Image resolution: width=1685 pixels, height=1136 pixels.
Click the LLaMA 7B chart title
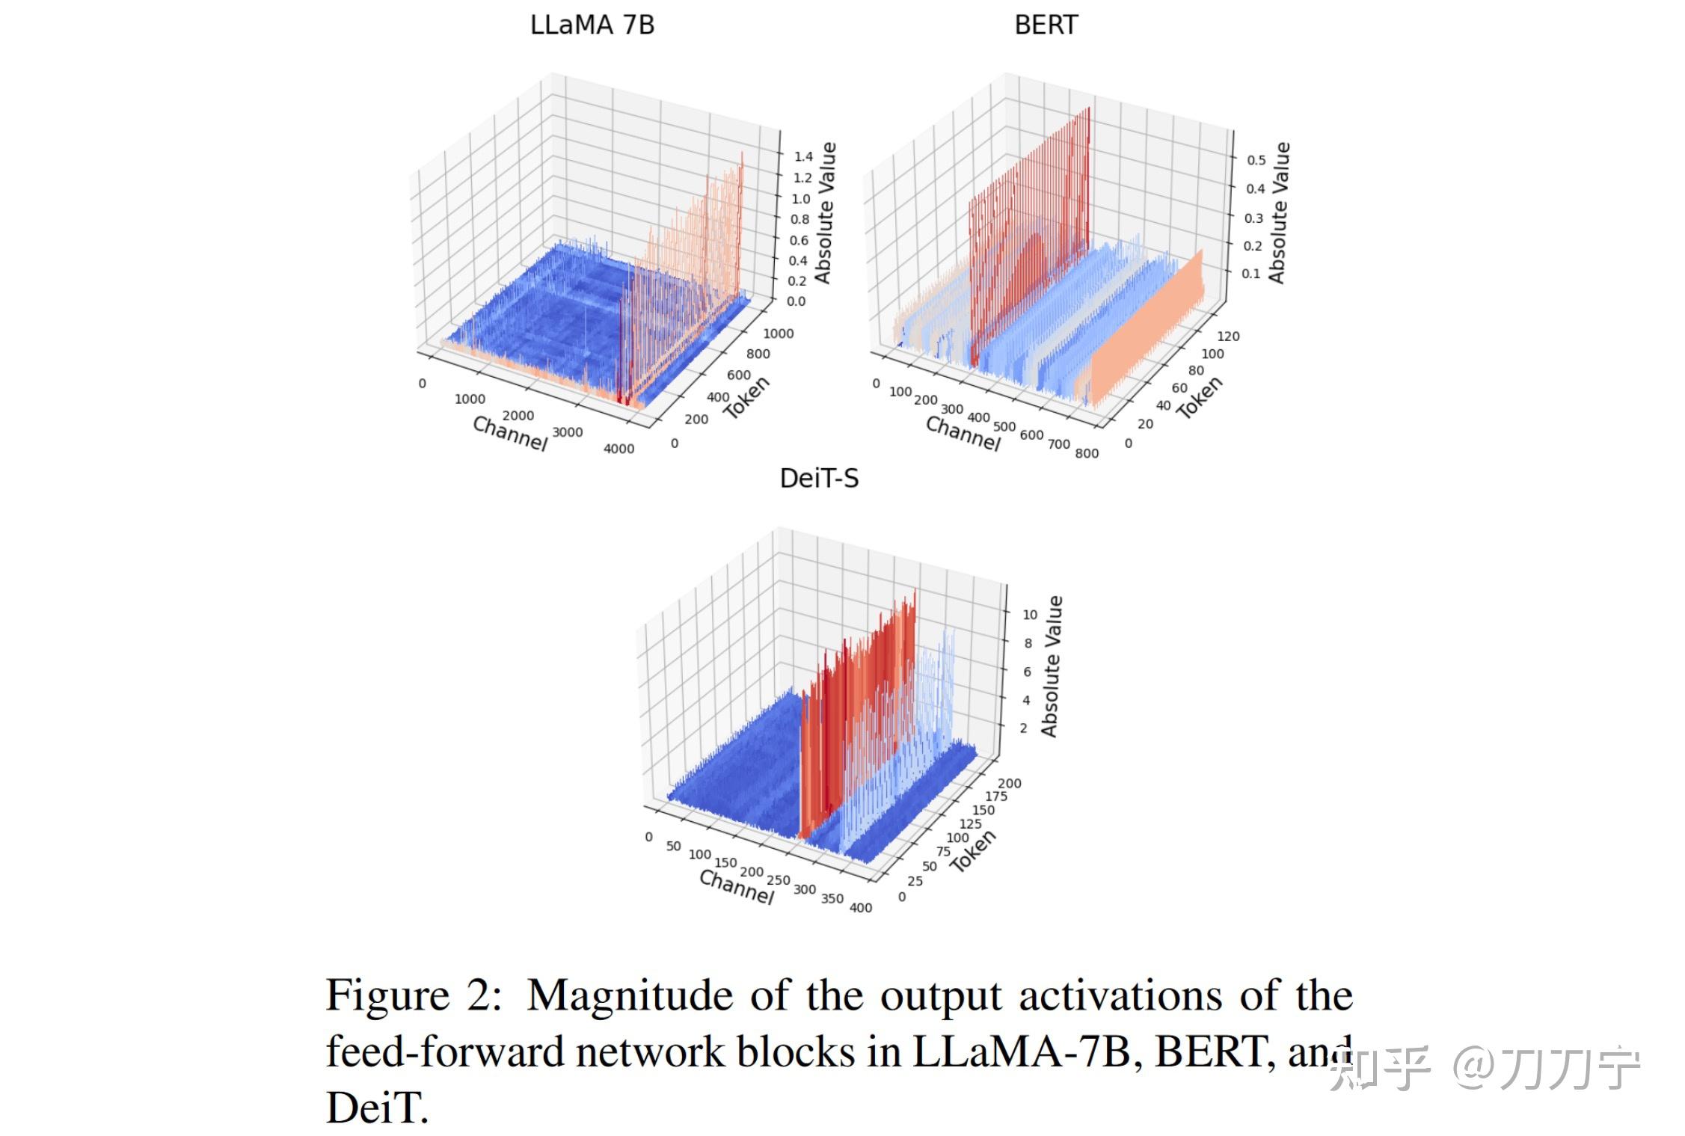coord(592,25)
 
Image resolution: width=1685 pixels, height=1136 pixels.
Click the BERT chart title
coord(1046,25)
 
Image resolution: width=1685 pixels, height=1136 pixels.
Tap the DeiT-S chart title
coord(819,479)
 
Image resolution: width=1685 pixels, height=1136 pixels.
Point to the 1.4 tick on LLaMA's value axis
coord(803,156)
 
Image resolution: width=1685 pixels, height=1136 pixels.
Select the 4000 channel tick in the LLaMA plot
coord(619,449)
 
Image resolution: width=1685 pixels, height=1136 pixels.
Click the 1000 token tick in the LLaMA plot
coord(778,334)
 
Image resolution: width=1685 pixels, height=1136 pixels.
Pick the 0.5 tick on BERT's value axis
coord(1256,160)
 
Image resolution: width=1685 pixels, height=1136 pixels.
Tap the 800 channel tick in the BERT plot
coord(1087,453)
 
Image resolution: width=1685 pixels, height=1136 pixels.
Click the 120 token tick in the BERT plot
coord(1228,337)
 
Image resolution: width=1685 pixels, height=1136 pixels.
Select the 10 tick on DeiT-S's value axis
coord(1030,615)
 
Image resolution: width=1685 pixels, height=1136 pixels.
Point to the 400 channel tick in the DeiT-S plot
coord(860,908)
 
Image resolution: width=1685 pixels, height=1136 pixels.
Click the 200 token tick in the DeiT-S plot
coord(1009,784)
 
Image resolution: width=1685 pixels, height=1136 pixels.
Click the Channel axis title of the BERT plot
coord(963,434)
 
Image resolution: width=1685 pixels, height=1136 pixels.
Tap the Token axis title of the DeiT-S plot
coord(973,851)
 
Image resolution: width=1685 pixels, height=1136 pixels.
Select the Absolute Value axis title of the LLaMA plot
coord(824,213)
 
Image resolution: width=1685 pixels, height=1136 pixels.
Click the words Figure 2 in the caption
coord(414,996)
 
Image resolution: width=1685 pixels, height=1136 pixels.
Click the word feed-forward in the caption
coord(445,1051)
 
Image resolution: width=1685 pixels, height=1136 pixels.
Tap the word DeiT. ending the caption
coord(377,1108)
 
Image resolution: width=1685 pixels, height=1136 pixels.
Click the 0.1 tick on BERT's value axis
coord(1251,274)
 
